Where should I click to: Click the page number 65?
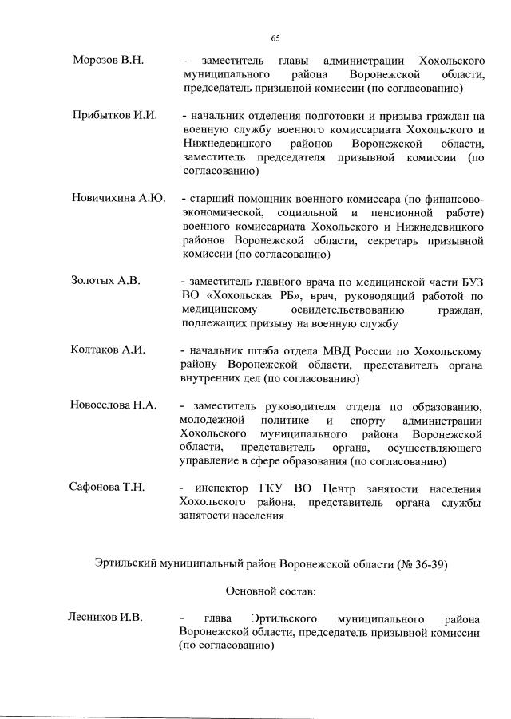click(x=275, y=38)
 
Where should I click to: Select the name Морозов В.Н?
click(x=108, y=61)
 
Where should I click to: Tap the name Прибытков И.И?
click(x=113, y=116)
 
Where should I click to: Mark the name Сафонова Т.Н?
click(x=109, y=488)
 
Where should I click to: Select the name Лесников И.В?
click(x=107, y=619)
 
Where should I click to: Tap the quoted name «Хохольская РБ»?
click(x=247, y=295)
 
